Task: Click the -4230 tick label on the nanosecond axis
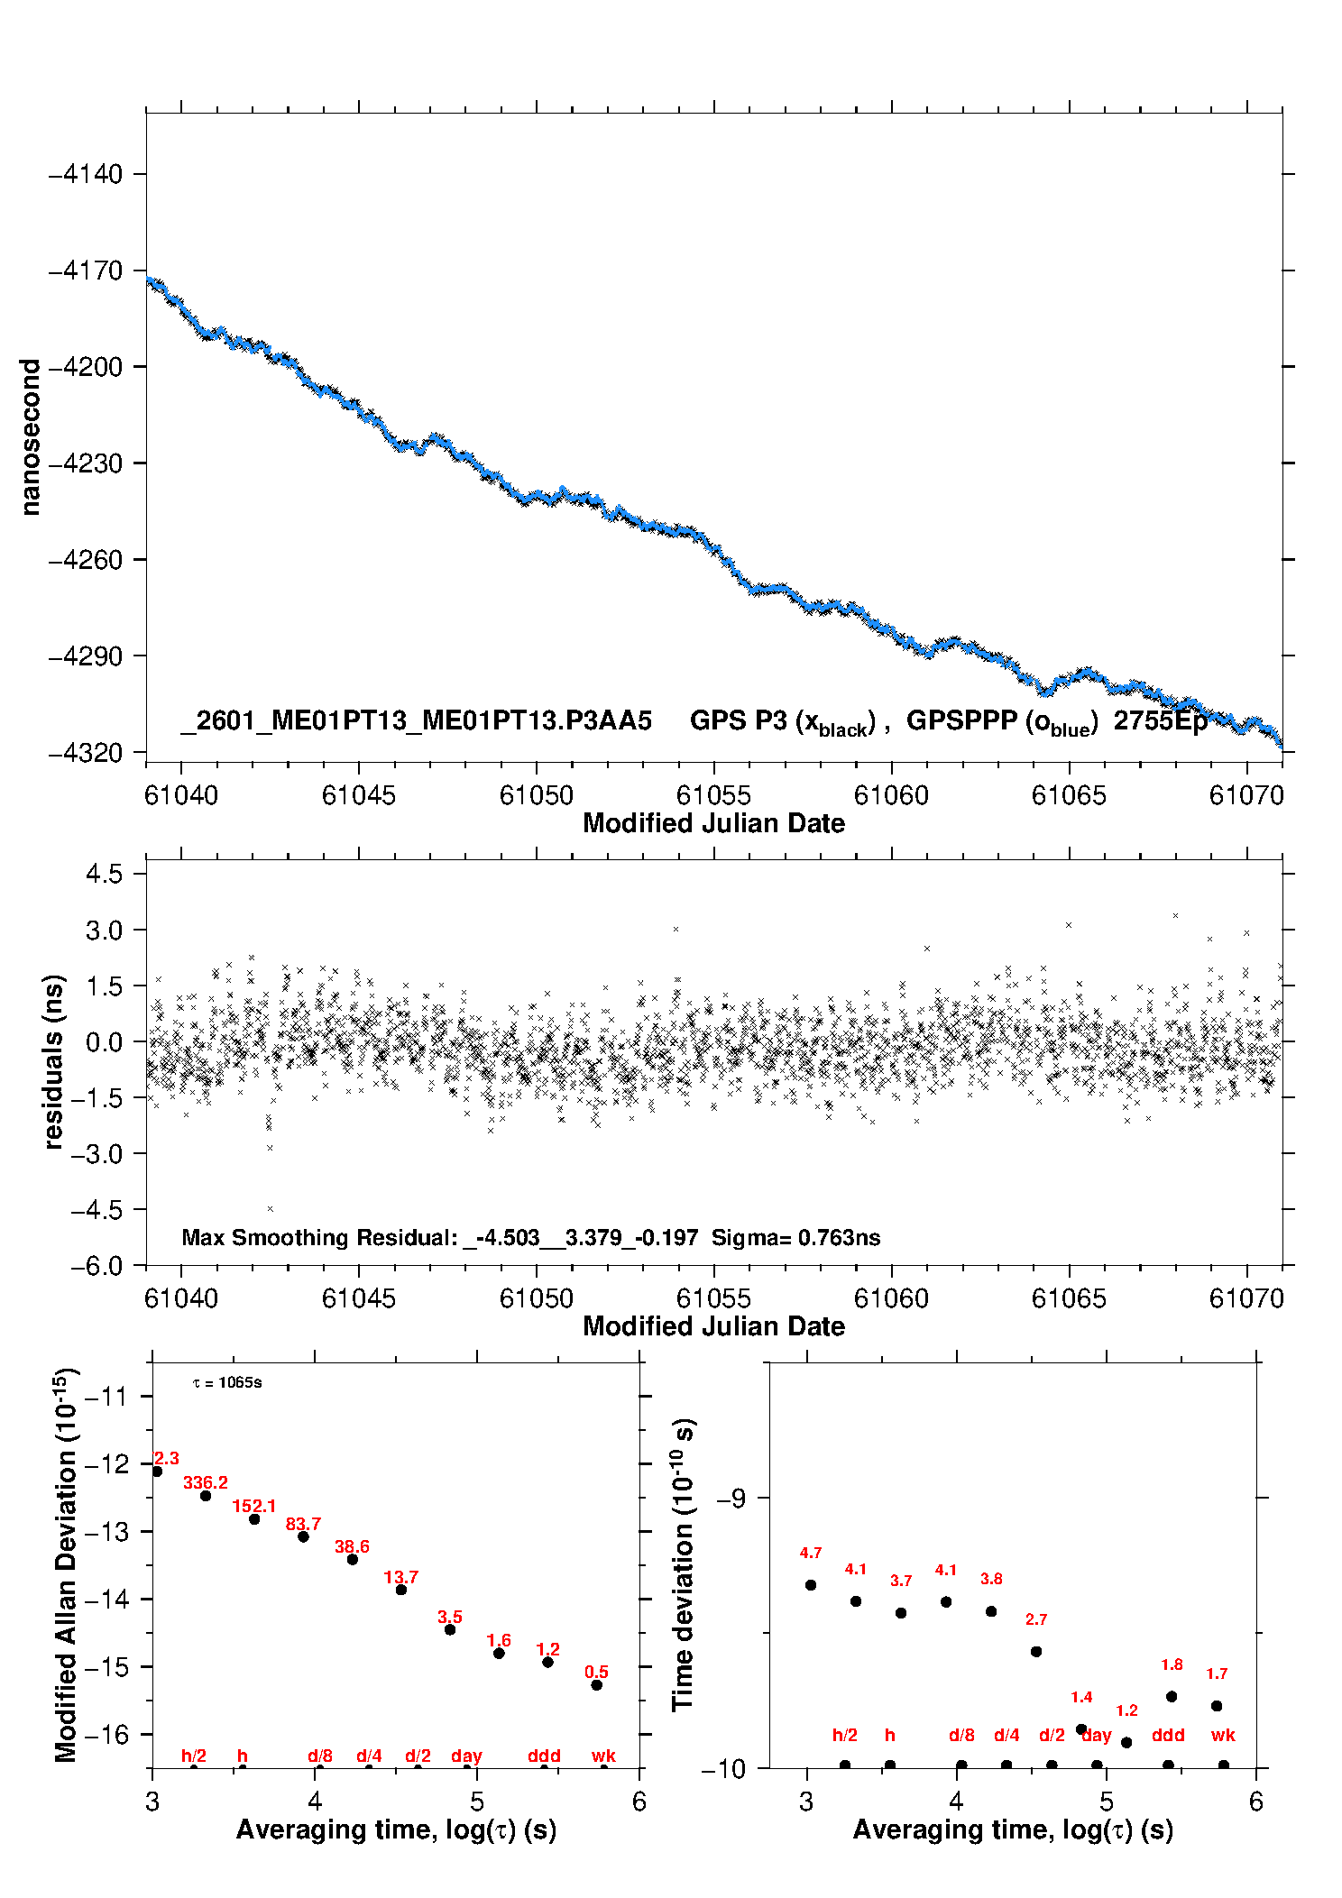(85, 463)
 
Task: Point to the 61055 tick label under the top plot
(713, 795)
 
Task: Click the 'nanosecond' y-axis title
(31, 437)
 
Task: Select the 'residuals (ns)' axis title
(54, 1061)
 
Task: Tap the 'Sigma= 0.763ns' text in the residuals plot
(795, 1237)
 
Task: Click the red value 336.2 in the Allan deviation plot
(206, 1482)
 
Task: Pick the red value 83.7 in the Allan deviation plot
(303, 1524)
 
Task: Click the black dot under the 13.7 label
(401, 1590)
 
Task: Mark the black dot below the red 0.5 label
(596, 1685)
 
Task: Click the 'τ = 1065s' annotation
(227, 1383)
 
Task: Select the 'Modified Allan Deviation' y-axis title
(67, 1564)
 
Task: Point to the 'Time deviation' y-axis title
(684, 1564)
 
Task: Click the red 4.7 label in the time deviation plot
(811, 1553)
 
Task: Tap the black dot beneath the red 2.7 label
(1036, 1652)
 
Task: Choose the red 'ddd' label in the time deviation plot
(1168, 1735)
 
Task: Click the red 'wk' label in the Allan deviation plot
(603, 1756)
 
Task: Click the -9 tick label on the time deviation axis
(731, 1498)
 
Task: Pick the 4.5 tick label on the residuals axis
(104, 874)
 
